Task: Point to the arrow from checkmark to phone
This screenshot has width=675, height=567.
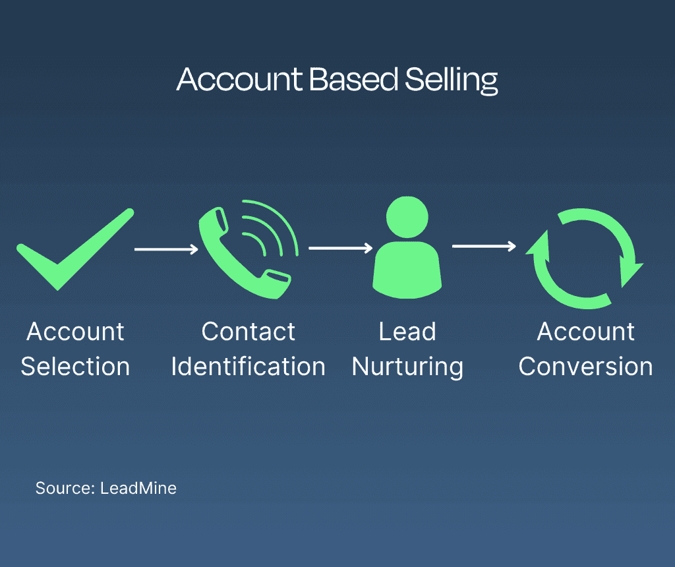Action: (165, 249)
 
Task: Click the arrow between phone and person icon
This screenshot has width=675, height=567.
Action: (340, 249)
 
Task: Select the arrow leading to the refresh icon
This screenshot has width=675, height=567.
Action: (483, 247)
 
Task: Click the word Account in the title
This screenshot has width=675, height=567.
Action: (239, 80)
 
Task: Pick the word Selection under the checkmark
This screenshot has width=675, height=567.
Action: (75, 367)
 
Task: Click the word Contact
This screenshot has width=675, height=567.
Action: (248, 332)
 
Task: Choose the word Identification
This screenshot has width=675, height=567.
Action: (248, 367)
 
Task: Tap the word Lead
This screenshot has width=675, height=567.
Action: (407, 332)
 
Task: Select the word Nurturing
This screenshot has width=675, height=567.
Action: (407, 367)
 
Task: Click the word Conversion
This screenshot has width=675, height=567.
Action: (585, 367)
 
